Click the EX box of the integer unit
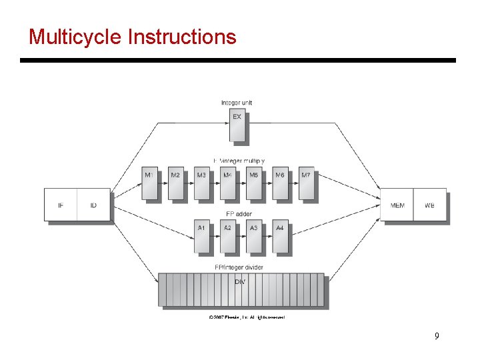pos(237,126)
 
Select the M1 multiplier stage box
pos(149,183)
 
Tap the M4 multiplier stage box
pos(228,183)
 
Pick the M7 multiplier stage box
pos(306,183)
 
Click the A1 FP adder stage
pos(201,237)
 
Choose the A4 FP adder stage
pos(280,237)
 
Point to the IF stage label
pos(61,205)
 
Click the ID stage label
pos(93,205)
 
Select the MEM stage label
pos(397,205)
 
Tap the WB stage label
pos(429,205)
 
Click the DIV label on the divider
pos(240,282)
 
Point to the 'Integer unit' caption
pos(237,103)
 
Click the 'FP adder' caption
pos(239,215)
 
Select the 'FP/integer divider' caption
pos(239,267)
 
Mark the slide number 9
pos(437,336)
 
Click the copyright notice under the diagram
pos(247,317)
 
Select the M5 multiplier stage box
pos(254,183)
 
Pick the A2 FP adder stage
pos(228,237)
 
